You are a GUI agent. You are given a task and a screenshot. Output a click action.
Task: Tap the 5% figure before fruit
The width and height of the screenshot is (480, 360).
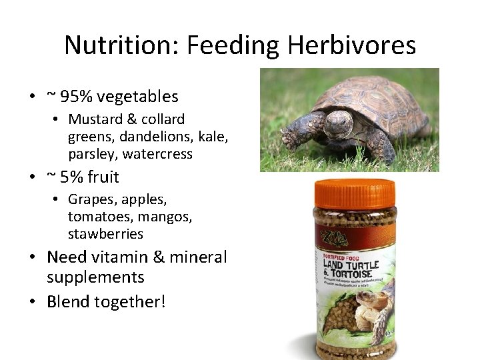coord(72,177)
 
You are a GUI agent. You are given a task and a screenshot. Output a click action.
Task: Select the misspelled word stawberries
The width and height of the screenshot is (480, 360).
coord(105,234)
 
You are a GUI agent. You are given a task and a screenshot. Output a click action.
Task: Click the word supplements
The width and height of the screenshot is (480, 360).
coord(95,277)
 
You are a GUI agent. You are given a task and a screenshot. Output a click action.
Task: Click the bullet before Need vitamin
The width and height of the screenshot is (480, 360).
coord(33,257)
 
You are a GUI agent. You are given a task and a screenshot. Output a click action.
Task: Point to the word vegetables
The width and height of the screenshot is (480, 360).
coord(137,97)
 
